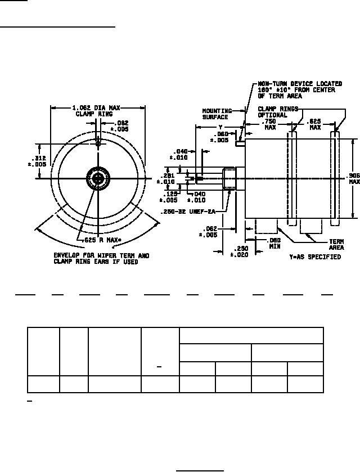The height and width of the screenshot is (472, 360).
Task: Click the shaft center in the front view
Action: point(98,179)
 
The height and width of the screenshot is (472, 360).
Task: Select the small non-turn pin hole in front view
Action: point(98,143)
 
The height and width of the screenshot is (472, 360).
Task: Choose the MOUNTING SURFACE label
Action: point(215,114)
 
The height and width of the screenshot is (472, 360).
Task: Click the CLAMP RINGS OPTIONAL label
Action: point(277,111)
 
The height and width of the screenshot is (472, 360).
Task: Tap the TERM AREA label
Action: point(336,244)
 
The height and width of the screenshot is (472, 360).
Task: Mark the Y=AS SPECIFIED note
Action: point(315,257)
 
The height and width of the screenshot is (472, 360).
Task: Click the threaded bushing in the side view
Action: point(231,179)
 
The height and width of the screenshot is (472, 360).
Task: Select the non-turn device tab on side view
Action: point(240,143)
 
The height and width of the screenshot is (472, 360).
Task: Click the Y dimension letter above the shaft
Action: point(220,127)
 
